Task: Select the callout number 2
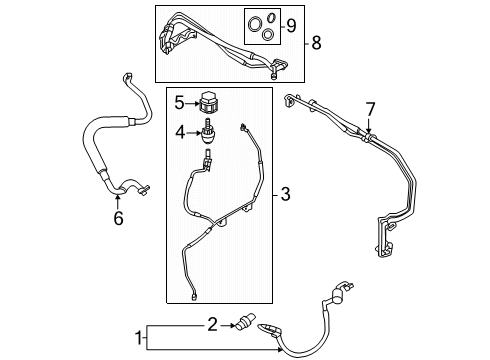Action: click(212, 323)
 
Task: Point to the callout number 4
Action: click(180, 130)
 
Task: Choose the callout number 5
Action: click(179, 102)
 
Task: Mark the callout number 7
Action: click(369, 108)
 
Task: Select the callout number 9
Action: click(292, 22)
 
